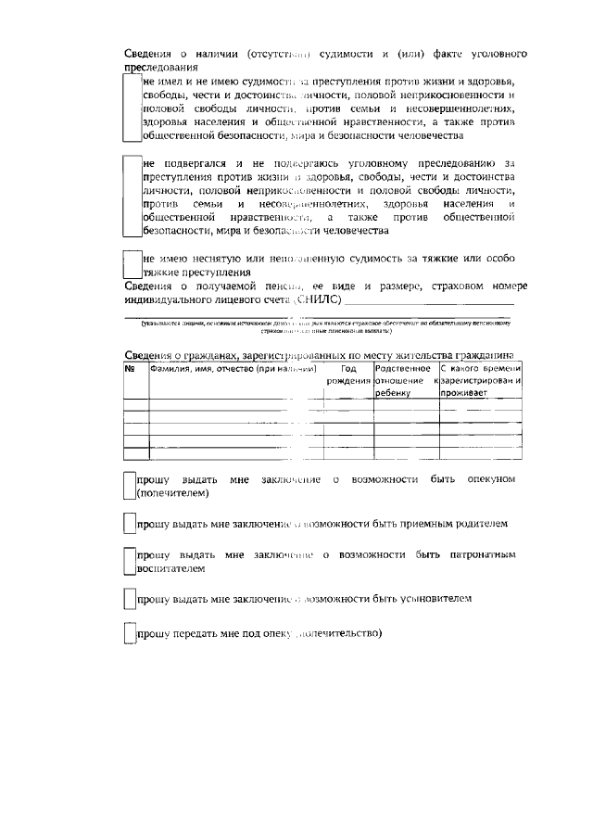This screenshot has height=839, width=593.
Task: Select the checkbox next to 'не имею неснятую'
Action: tap(132, 265)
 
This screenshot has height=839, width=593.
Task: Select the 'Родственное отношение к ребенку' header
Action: tap(404, 381)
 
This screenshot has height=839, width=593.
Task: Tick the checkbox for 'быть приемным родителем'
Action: tap(130, 524)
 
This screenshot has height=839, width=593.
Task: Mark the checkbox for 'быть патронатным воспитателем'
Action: tap(130, 560)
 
